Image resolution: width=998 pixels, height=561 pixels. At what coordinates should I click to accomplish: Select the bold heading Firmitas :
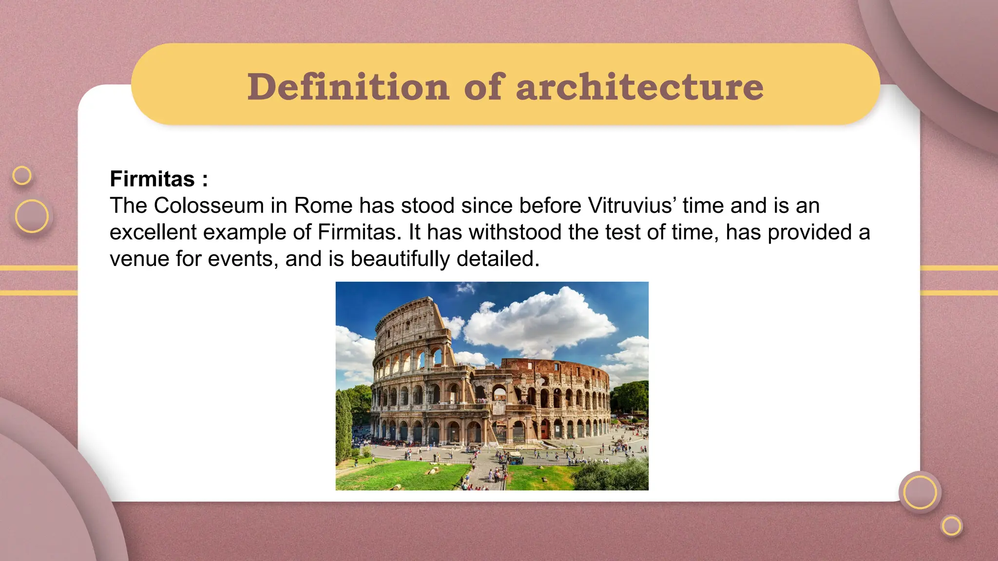point(159,179)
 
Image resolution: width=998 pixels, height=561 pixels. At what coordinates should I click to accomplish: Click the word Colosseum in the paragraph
point(209,206)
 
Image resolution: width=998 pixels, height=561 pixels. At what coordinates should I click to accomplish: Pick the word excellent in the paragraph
point(153,232)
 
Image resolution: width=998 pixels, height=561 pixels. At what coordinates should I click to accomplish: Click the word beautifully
point(400,259)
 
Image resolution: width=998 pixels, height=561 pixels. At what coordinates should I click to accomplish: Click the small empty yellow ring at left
point(22,175)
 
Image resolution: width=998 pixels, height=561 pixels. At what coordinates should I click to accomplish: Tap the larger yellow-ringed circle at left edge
point(32,216)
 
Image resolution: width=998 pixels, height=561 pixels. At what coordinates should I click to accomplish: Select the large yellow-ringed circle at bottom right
point(920,492)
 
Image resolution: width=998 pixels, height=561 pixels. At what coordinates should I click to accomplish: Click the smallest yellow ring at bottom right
point(951,526)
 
